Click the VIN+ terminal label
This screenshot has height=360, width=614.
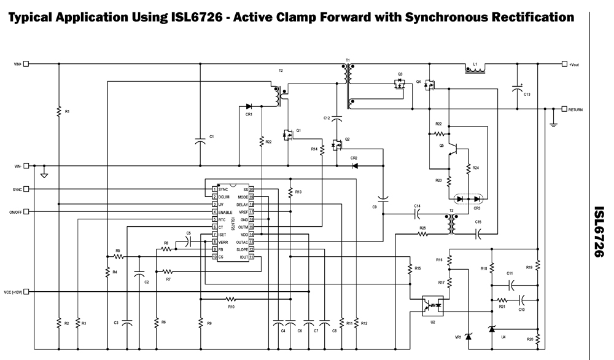click(17, 63)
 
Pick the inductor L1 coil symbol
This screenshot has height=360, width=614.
click(475, 69)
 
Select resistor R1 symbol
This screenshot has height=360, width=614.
click(59, 111)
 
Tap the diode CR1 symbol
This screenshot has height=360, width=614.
click(248, 106)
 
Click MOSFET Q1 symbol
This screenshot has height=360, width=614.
click(287, 134)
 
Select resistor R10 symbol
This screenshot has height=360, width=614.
click(230, 299)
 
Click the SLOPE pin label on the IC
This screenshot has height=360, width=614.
click(241, 250)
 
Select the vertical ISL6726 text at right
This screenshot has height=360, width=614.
click(600, 232)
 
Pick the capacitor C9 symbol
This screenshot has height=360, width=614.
click(383, 199)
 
